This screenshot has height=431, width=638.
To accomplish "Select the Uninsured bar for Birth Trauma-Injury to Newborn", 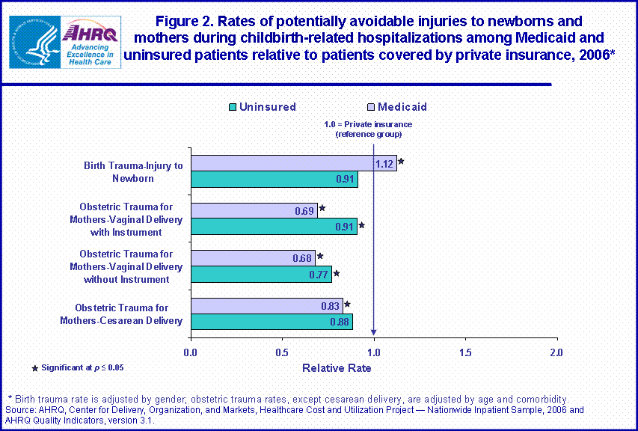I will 274,180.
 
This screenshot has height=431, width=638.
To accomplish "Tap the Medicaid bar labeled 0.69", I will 254,210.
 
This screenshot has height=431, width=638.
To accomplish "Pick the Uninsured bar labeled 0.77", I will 261,274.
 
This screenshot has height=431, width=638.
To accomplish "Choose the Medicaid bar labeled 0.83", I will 266,305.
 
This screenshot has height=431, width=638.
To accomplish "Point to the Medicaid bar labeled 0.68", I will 253,258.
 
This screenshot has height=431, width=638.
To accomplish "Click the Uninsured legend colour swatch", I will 232,107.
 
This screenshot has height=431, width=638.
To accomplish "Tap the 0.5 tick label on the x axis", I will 283,352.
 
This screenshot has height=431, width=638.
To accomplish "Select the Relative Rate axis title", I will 337,368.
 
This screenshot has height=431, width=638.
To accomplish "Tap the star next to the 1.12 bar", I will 402,161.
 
